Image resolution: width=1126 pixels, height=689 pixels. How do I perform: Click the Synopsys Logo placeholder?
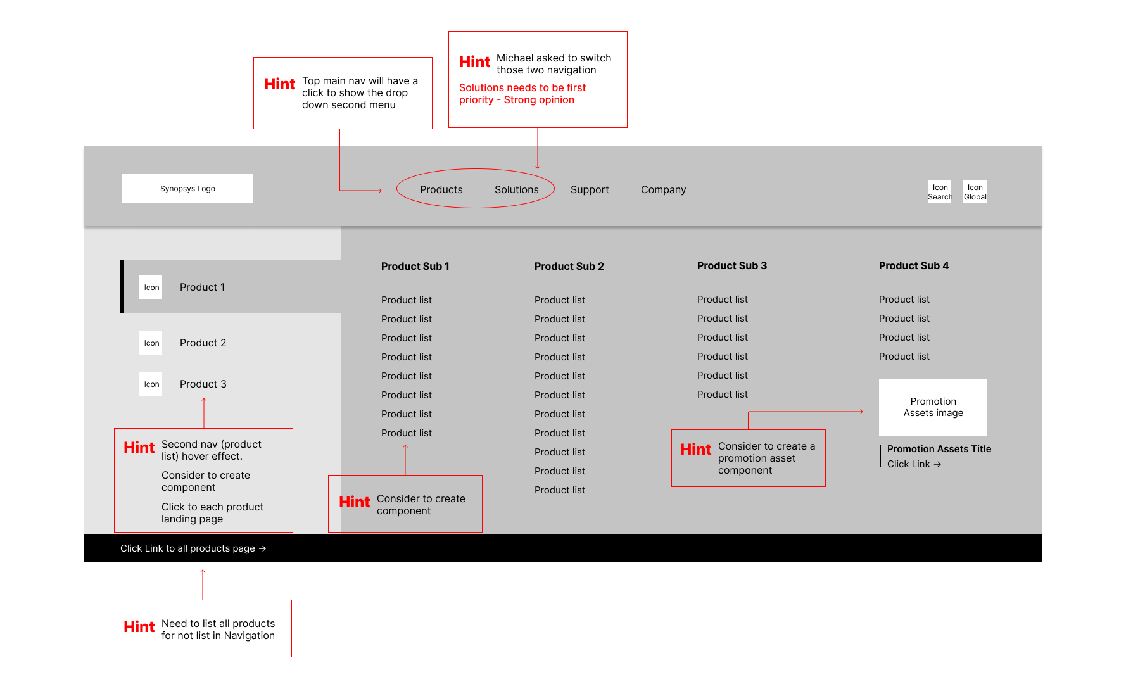tap(187, 189)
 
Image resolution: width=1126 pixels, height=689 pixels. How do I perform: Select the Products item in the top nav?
tap(441, 189)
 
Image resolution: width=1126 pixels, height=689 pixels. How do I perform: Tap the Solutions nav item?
tap(516, 189)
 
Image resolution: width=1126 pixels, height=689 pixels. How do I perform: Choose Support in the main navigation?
tap(589, 189)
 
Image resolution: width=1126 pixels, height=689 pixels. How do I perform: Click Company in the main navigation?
tap(663, 189)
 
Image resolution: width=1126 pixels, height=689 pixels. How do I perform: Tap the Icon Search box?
tap(940, 192)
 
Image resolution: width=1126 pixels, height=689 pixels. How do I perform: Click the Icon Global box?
tap(975, 192)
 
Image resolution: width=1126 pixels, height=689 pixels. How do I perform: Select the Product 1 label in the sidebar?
tap(202, 287)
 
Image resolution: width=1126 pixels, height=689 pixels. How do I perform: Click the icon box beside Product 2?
tap(151, 343)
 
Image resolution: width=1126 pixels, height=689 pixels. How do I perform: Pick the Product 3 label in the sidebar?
tap(203, 384)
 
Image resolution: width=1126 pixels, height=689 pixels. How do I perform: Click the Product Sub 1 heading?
tap(415, 266)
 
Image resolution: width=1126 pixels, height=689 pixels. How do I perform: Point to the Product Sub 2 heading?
tap(569, 266)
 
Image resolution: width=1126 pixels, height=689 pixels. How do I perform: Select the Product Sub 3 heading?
tap(731, 265)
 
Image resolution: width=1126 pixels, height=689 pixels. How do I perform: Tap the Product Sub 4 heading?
tap(913, 265)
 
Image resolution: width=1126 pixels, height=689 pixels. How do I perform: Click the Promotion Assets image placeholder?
tap(933, 407)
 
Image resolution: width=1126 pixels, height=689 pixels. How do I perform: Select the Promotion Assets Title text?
tap(939, 448)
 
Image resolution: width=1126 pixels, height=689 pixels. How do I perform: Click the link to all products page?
tap(193, 548)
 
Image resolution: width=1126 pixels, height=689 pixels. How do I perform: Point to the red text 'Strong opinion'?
tap(539, 99)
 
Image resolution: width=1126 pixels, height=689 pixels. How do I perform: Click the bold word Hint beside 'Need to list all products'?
tap(139, 627)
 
